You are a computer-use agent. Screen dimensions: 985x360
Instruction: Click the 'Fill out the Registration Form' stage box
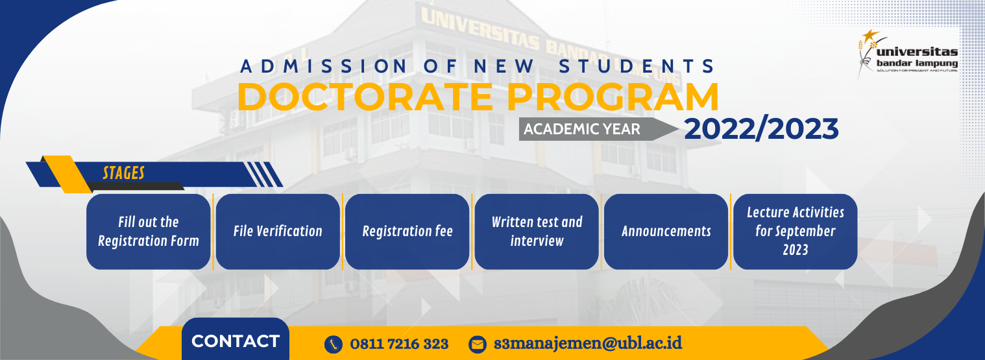pos(148,232)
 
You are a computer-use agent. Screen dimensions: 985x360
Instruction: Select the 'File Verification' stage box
pos(278,232)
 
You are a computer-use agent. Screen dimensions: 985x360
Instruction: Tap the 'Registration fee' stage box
pos(407,232)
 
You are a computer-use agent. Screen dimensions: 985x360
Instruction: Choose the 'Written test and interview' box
pos(537,232)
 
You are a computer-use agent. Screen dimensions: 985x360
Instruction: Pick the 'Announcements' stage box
pos(666,232)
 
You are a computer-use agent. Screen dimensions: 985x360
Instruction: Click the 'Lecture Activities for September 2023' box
pos(796,232)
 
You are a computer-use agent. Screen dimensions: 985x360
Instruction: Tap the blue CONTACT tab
pos(236,340)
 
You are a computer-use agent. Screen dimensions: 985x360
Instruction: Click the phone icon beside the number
pos(334,344)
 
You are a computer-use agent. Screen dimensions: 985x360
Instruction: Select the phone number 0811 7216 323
pos(399,344)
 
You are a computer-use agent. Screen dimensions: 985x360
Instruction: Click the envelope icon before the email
pos(478,344)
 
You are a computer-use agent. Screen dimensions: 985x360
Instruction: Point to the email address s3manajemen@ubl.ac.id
pos(588,343)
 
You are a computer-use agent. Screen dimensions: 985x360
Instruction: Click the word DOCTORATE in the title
pos(365,97)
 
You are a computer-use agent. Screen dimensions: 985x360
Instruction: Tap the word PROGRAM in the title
pos(613,97)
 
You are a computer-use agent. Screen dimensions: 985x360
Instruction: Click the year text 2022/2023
pos(761,129)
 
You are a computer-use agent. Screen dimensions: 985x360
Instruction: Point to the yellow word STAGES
pos(123,173)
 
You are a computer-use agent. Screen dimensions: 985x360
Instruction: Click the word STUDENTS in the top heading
pos(637,66)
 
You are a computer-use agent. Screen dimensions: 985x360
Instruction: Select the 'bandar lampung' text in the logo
pos(917,64)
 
